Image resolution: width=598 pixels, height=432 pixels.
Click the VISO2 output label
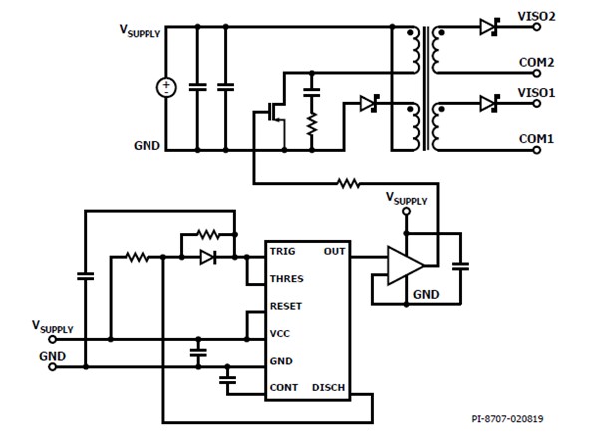pyautogui.click(x=536, y=17)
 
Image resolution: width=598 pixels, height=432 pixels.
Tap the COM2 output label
pyautogui.click(x=536, y=62)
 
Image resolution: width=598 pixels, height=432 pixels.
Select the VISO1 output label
pyautogui.click(x=536, y=92)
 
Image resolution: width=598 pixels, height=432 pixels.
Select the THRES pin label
pyautogui.click(x=287, y=279)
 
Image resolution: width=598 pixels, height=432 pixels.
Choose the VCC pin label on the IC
pyautogui.click(x=282, y=334)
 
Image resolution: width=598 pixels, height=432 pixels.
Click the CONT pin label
pyautogui.click(x=284, y=387)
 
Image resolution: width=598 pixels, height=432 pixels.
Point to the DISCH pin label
pyautogui.click(x=330, y=387)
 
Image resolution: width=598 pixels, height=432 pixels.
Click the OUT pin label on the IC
pyautogui.click(x=334, y=252)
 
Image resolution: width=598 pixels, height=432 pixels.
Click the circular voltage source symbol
pyautogui.click(x=166, y=88)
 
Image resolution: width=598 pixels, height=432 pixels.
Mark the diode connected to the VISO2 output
pyautogui.click(x=488, y=28)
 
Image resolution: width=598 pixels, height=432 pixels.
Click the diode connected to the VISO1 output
pyautogui.click(x=488, y=103)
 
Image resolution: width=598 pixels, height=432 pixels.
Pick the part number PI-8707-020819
pyautogui.click(x=515, y=420)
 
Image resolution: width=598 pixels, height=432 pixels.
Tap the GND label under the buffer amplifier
pyautogui.click(x=426, y=295)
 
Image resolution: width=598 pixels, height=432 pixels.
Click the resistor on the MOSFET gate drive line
pyautogui.click(x=348, y=183)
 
